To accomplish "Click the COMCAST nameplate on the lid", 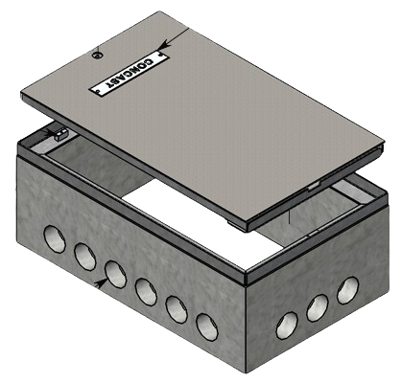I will [129, 74].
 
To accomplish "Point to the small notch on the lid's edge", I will [314, 182].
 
